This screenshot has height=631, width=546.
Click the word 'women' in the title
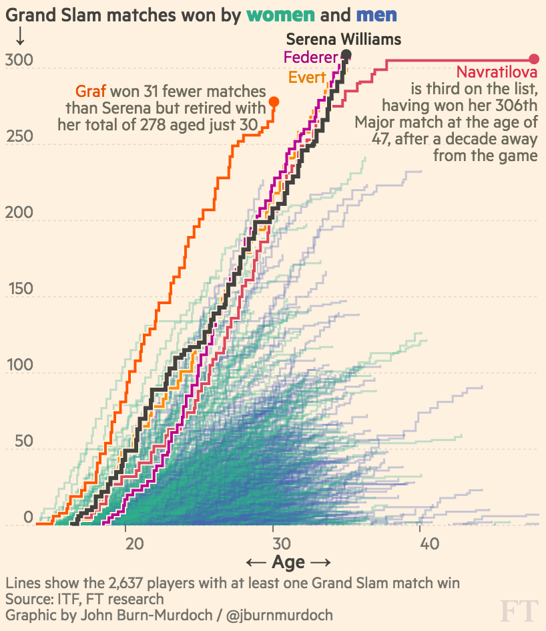[x=281, y=15]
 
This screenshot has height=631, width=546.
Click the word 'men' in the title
[x=376, y=15]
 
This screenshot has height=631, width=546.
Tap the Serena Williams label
[x=344, y=39]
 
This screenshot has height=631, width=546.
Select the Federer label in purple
[x=311, y=57]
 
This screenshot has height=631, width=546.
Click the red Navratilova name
[x=497, y=72]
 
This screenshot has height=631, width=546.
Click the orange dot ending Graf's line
[x=274, y=102]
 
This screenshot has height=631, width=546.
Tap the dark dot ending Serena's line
[x=346, y=54]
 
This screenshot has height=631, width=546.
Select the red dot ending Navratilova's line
[x=534, y=59]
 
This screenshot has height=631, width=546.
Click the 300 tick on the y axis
[x=19, y=61]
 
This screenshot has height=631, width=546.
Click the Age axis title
[x=288, y=562]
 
